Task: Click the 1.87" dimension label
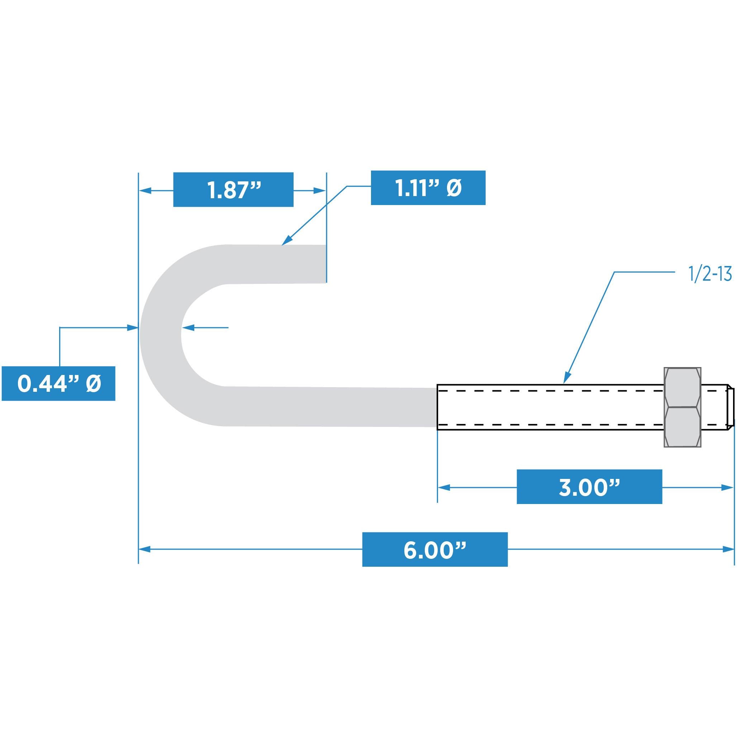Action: pos(233,190)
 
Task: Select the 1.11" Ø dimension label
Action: pos(428,188)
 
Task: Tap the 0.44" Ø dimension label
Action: pos(58,384)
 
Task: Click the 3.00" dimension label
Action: pos(589,487)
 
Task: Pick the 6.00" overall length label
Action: pos(434,549)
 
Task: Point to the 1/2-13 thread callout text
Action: pos(711,275)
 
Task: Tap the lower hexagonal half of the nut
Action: pos(682,427)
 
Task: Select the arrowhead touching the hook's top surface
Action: pos(286,241)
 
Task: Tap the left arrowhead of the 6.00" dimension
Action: pos(144,549)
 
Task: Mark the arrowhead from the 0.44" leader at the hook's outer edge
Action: pos(132,327)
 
